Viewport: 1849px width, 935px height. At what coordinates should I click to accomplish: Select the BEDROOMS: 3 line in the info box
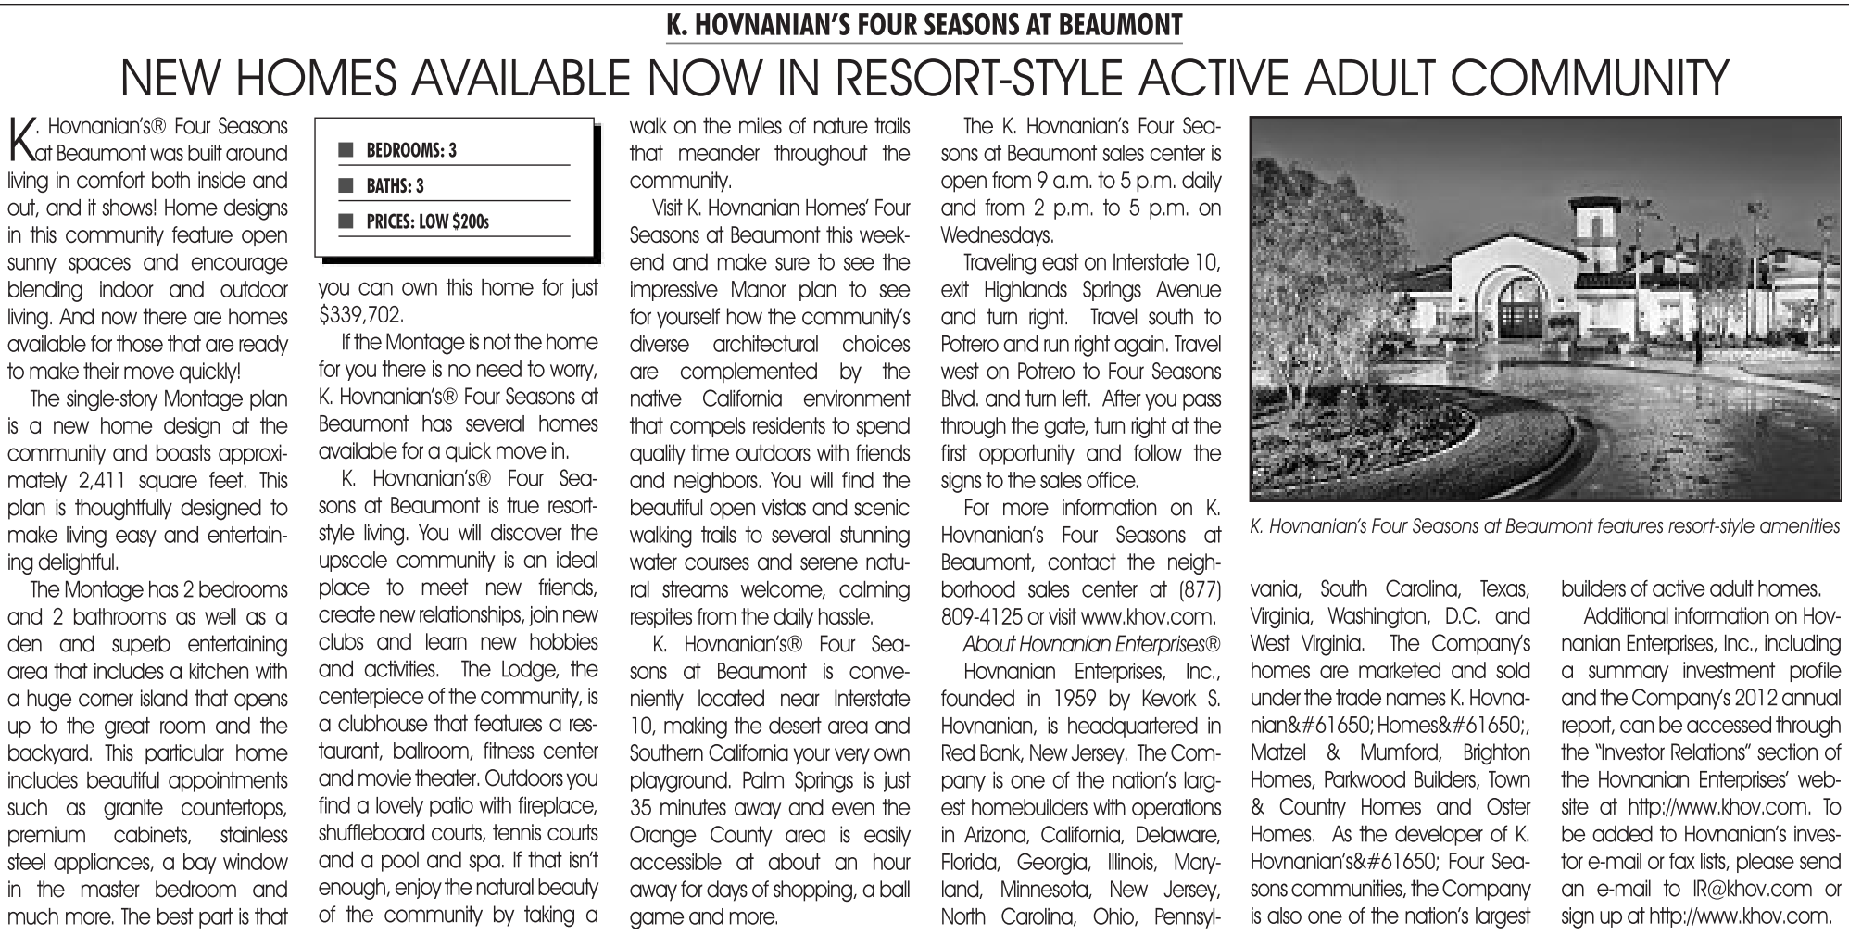click(x=411, y=150)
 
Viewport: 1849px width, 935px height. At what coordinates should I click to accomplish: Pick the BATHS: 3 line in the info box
click(x=395, y=186)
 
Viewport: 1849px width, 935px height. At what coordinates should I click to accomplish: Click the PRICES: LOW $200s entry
click(x=427, y=222)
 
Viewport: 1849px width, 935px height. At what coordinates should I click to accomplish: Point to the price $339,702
click(x=360, y=316)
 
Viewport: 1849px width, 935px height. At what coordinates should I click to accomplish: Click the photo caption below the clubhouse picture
click(x=1543, y=526)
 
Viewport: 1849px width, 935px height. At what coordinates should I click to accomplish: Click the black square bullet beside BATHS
click(x=346, y=186)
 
